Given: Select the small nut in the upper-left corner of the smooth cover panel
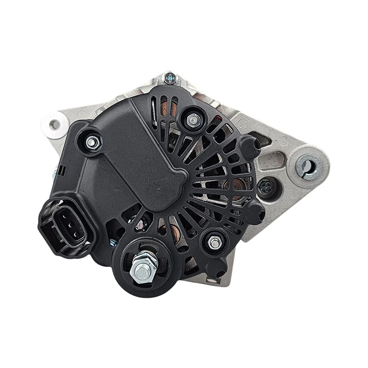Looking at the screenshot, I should coord(92,141).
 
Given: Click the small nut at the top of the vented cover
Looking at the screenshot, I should coord(191,119).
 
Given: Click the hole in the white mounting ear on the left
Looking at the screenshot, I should coord(54,124).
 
